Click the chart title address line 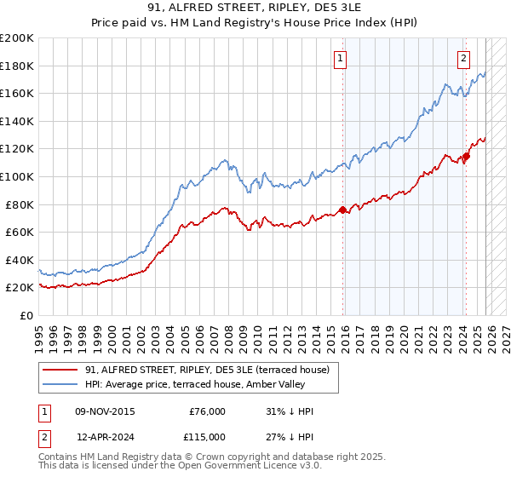pos(255,9)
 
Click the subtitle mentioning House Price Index pos(255,24)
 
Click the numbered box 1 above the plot pos(340,59)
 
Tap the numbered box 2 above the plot pos(463,59)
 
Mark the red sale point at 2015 pos(342,210)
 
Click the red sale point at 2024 pos(466,156)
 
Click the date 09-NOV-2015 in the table pos(106,411)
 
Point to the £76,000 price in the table pos(207,411)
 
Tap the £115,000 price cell pos(207,436)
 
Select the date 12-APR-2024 pos(106,436)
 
